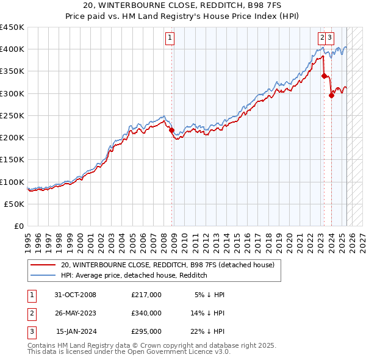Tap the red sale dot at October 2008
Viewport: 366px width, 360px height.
(x=171, y=130)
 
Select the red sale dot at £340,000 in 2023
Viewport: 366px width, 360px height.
(x=324, y=76)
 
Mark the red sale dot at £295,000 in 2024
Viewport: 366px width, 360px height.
(x=331, y=95)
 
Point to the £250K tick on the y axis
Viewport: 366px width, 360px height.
(x=12, y=115)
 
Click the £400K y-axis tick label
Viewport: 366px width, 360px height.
(x=12, y=49)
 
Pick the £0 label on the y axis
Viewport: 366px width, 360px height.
(x=20, y=226)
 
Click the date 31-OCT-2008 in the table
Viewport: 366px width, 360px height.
(x=76, y=295)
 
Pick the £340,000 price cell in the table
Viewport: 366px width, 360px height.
(x=146, y=313)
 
